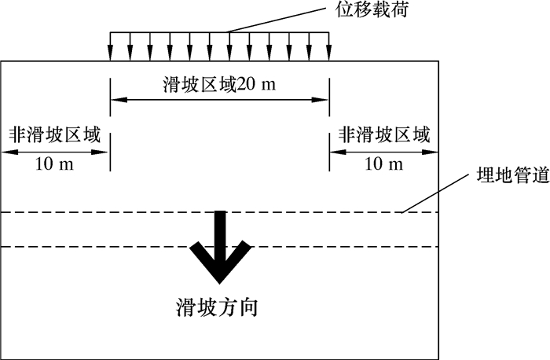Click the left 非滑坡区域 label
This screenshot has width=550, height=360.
pos(55,134)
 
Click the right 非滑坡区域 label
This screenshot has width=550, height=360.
pos(384,134)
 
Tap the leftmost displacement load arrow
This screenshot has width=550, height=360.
pos(110,47)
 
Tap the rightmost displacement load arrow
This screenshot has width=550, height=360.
pos(328,47)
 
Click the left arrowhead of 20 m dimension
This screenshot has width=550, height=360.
pos(115,100)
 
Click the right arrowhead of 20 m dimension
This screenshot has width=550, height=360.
pos(323,100)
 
